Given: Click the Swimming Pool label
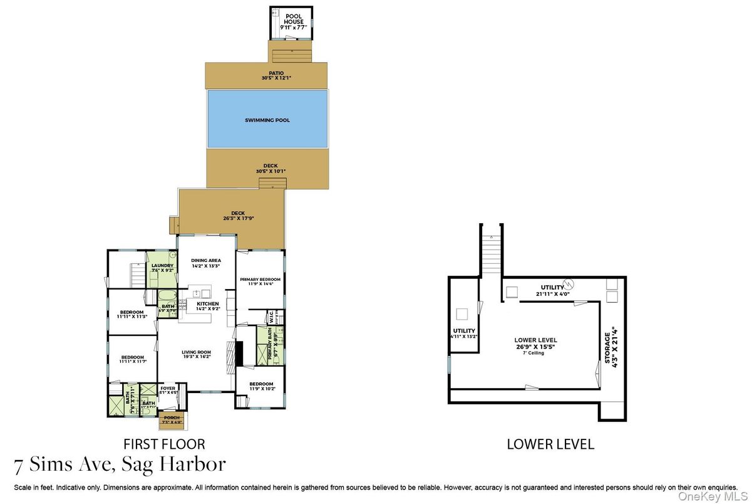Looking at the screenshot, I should (267, 120).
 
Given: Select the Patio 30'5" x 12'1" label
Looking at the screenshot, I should (267, 76).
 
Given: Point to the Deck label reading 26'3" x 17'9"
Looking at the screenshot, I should (238, 216).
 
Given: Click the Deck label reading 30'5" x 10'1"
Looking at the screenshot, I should (267, 168).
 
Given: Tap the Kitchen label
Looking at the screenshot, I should (207, 306).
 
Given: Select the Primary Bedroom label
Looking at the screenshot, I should (261, 282).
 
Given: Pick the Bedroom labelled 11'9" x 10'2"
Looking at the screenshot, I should (260, 386).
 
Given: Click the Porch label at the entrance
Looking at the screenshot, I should (172, 419).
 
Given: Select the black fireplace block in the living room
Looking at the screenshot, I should (239, 354).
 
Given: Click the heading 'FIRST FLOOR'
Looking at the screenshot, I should (164, 444).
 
